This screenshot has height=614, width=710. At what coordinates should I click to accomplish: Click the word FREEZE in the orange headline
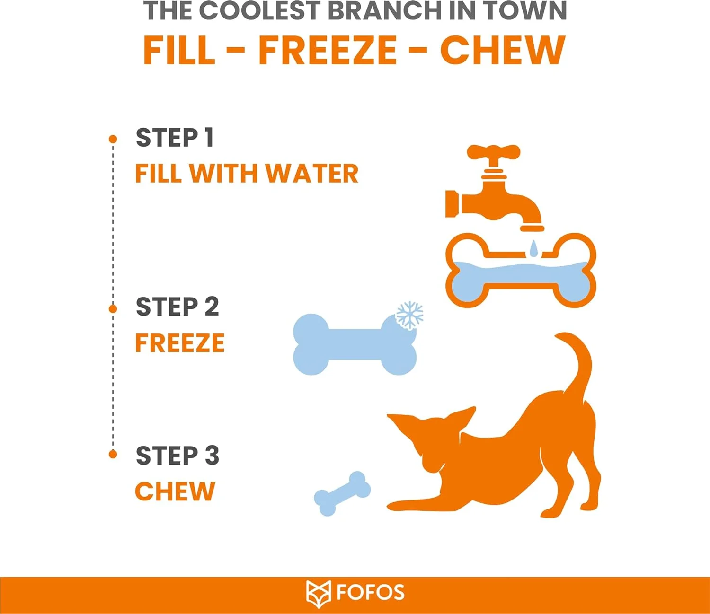click(x=328, y=50)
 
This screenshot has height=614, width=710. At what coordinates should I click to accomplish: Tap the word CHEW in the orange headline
click(x=503, y=50)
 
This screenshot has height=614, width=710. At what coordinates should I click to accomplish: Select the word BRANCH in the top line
click(x=385, y=11)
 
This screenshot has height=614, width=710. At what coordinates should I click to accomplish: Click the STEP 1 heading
click(x=175, y=138)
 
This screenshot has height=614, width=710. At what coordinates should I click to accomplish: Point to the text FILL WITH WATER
click(x=247, y=173)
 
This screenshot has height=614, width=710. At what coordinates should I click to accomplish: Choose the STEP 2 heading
click(x=177, y=307)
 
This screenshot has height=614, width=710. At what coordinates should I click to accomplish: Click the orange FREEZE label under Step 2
click(x=180, y=342)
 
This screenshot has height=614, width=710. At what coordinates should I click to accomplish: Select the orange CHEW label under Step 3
click(x=175, y=491)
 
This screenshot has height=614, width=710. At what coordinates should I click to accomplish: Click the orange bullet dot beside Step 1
click(x=113, y=139)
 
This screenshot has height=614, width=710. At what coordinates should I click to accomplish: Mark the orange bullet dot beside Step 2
click(x=113, y=309)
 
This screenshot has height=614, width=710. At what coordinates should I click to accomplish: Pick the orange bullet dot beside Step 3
click(x=113, y=455)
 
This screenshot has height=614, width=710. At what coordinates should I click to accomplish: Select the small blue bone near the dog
click(x=342, y=493)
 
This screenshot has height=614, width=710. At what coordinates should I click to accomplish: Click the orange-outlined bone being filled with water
click(x=520, y=271)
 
